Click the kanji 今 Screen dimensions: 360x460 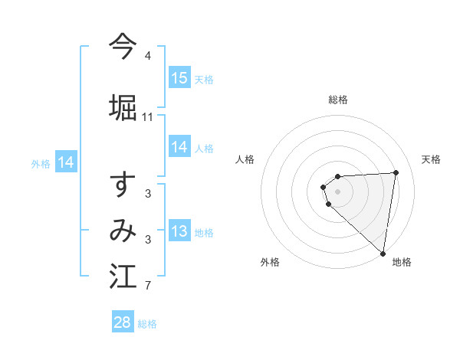[x=123, y=47]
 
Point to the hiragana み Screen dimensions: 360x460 [x=123, y=231]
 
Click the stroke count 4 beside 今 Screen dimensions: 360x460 [x=147, y=56]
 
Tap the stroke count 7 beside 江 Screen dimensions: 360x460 [x=147, y=286]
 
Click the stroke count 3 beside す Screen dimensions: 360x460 [x=147, y=194]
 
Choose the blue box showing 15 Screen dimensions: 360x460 [x=179, y=78]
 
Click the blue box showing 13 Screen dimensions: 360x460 [x=179, y=232]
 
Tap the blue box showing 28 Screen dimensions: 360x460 [x=123, y=322]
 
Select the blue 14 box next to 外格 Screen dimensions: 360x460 [x=66, y=162]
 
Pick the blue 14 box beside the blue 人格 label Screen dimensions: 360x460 [x=179, y=148]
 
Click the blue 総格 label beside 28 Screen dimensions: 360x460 [x=147, y=324]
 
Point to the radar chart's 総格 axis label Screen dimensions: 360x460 [x=338, y=100]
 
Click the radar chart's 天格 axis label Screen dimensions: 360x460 [x=431, y=159]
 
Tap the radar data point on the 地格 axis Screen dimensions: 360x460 [x=383, y=253]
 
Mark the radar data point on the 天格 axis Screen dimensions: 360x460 [x=396, y=172]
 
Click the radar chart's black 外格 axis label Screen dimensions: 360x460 [x=270, y=262]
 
